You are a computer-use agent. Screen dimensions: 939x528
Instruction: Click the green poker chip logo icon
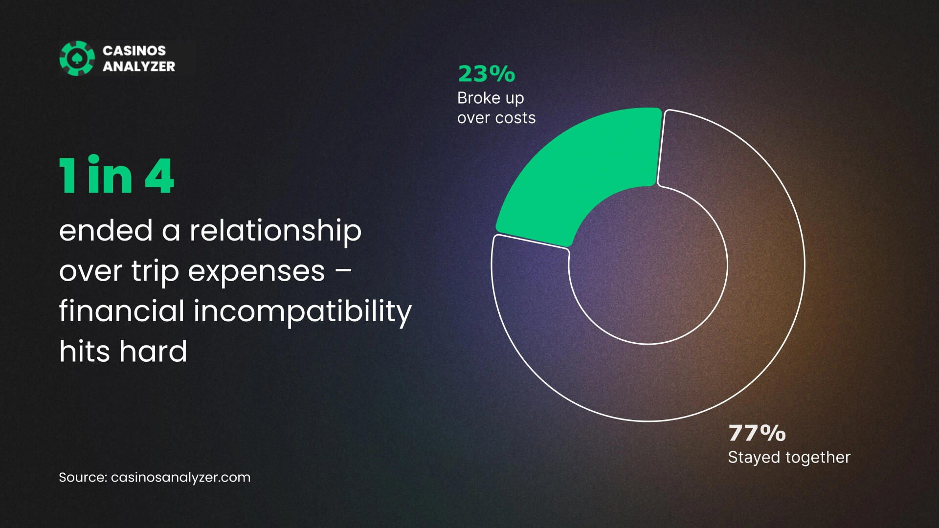tap(77, 58)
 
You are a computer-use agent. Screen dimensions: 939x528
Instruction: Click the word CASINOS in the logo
tap(134, 50)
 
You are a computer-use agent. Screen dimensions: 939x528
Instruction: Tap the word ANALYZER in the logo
tap(139, 66)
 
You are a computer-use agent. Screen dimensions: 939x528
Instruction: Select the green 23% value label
tap(487, 74)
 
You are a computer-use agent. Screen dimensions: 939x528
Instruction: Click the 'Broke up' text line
tap(491, 98)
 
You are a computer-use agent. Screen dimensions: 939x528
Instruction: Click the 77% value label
tap(757, 433)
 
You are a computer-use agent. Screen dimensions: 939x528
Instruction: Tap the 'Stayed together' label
tap(789, 457)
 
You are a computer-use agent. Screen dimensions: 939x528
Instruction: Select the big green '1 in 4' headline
tap(116, 176)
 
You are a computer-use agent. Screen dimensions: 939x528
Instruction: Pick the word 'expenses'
tap(256, 272)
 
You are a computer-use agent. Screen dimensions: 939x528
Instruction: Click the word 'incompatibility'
tap(303, 311)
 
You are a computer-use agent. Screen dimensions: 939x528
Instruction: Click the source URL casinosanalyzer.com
tap(180, 478)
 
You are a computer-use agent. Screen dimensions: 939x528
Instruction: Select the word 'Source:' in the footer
tap(83, 477)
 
